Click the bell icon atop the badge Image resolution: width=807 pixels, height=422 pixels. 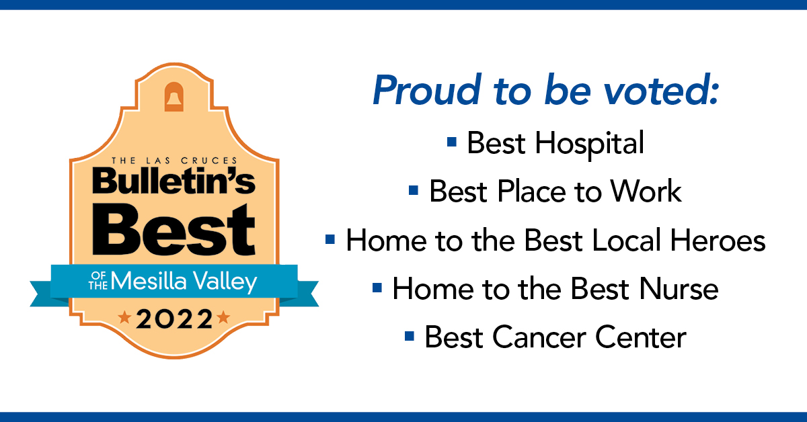tap(174, 97)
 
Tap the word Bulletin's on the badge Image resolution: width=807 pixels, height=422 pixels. tap(174, 180)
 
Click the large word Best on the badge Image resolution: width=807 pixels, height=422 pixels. tap(174, 230)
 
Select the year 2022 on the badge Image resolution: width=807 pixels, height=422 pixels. tap(174, 319)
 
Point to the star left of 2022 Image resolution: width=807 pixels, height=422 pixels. tap(124, 317)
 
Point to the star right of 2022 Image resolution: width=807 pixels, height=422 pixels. tap(224, 317)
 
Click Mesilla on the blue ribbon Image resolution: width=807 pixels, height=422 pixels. tap(149, 281)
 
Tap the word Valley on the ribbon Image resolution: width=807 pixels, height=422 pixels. tap(225, 282)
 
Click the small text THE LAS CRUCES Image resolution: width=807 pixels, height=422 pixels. tap(174, 161)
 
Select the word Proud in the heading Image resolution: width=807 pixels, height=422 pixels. tap(427, 89)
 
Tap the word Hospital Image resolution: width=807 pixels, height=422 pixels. tap(589, 144)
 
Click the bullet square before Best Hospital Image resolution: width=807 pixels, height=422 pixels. tap(452, 142)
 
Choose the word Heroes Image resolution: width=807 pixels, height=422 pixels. tap(718, 240)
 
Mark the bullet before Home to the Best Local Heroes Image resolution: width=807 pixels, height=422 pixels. tap(330, 239)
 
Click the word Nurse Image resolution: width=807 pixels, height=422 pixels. tap(679, 289)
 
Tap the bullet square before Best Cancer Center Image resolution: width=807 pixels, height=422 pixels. tap(410, 336)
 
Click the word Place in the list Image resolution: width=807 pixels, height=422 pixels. tap(531, 192)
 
